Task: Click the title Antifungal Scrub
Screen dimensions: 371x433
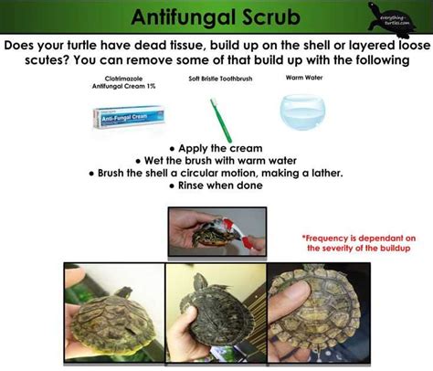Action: pyautogui.click(x=216, y=16)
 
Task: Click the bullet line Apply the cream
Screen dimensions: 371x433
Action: pyautogui.click(x=216, y=146)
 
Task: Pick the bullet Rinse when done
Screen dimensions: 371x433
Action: pyautogui.click(x=216, y=185)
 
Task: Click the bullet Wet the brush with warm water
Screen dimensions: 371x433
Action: pyautogui.click(x=216, y=159)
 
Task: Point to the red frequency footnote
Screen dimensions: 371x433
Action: pyautogui.click(x=357, y=242)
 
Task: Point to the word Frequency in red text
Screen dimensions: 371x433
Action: pyautogui.click(x=330, y=237)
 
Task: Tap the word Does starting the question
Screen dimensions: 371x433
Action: pyautogui.click(x=26, y=44)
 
